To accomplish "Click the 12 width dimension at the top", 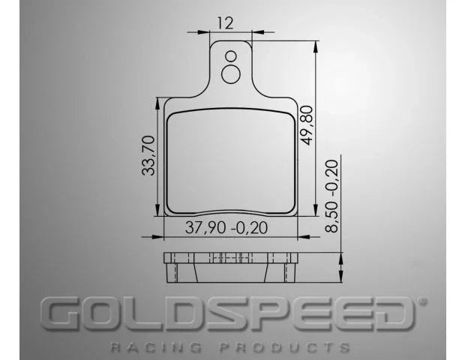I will pos(224,22).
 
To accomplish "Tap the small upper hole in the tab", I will pos(231,55).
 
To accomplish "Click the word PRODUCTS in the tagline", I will pos(284,348).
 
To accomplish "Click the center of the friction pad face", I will pos(230,161).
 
